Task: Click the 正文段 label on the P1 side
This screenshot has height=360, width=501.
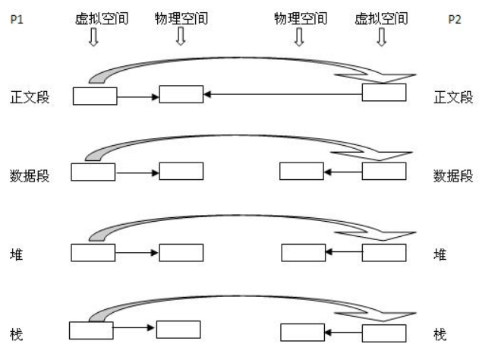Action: (30, 97)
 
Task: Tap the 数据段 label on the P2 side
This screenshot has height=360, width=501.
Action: (453, 175)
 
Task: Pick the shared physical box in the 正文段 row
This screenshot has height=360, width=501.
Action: (181, 95)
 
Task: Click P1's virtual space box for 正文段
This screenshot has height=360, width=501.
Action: (95, 95)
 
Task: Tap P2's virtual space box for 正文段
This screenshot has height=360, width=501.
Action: (384, 93)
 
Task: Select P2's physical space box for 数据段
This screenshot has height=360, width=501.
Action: (301, 172)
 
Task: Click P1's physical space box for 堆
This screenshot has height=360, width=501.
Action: (181, 252)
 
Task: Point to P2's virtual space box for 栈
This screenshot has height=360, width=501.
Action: (384, 333)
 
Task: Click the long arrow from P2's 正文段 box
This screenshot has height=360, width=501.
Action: (281, 95)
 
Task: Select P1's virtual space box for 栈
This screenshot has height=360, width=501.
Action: (91, 330)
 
